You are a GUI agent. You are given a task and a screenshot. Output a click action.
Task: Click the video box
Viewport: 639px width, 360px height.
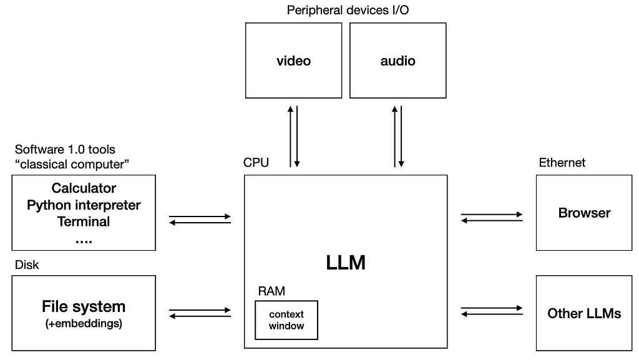[293, 61]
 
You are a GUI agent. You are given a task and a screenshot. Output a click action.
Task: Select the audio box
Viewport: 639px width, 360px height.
[398, 61]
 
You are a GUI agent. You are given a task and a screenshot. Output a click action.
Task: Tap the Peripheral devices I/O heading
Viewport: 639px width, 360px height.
[348, 10]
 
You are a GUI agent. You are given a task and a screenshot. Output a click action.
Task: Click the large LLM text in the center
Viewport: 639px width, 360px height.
[346, 263]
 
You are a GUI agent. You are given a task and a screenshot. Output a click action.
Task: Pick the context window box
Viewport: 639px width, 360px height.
[286, 320]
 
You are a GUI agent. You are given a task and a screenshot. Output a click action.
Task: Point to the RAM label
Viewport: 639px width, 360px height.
[271, 291]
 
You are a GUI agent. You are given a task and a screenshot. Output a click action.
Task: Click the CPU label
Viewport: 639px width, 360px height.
[256, 163]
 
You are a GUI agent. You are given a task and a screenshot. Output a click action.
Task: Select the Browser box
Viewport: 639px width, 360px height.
[584, 213]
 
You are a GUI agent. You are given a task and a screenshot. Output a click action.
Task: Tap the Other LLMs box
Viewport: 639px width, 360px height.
[584, 313]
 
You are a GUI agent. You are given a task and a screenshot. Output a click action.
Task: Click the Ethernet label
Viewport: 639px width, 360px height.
[562, 163]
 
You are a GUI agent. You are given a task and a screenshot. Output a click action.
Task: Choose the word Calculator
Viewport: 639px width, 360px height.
[84, 188]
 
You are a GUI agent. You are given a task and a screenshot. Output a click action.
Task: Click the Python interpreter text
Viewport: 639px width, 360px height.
[84, 205]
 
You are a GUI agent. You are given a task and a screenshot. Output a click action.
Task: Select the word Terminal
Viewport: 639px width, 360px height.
[84, 221]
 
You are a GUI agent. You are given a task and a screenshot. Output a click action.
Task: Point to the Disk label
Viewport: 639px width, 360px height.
[27, 265]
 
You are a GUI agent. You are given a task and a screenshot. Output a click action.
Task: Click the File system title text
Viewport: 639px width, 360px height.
[84, 306]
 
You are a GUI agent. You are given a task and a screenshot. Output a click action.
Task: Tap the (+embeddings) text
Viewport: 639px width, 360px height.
[84, 324]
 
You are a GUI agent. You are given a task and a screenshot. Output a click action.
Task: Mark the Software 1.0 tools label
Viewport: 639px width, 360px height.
[65, 150]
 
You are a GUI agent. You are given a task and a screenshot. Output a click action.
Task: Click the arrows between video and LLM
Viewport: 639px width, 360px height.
[293, 136]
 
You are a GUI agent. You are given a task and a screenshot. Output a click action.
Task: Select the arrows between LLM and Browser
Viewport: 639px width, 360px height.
[492, 217]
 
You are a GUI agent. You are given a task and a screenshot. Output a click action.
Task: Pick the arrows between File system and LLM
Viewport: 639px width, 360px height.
[200, 313]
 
